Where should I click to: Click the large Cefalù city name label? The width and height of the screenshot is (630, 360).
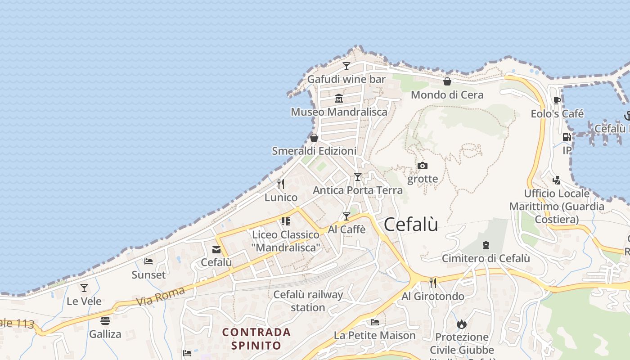pos(411,225)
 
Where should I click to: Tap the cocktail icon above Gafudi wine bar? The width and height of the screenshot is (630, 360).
pos(346,66)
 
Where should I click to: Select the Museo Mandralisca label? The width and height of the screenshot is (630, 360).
pos(339,112)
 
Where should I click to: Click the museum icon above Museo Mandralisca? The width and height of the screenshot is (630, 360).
pos(339,98)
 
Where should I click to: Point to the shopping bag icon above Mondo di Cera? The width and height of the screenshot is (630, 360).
pos(447,81)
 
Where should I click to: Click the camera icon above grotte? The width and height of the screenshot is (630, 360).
pos(422,166)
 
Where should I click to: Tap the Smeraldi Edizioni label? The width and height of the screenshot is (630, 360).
pos(314,151)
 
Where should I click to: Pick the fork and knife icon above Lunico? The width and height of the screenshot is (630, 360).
pos(281,184)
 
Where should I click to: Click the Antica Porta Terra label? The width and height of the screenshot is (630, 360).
pos(358,190)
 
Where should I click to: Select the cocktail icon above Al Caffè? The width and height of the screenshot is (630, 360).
pos(346,216)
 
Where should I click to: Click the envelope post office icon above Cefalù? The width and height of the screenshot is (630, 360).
pos(216,249)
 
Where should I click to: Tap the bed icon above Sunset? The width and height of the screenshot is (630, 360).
pos(148,261)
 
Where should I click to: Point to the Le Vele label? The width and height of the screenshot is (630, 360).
pos(84,301)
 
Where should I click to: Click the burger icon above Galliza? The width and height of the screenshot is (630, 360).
pos(105,321)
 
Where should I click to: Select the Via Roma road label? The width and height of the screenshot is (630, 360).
pos(160,296)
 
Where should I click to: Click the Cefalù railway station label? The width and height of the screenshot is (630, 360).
pos(308,301)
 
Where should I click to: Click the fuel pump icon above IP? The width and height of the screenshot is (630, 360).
pos(567,137)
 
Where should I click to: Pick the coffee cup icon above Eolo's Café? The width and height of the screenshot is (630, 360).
pos(557,100)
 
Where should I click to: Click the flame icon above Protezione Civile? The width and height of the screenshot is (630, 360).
pos(462,324)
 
